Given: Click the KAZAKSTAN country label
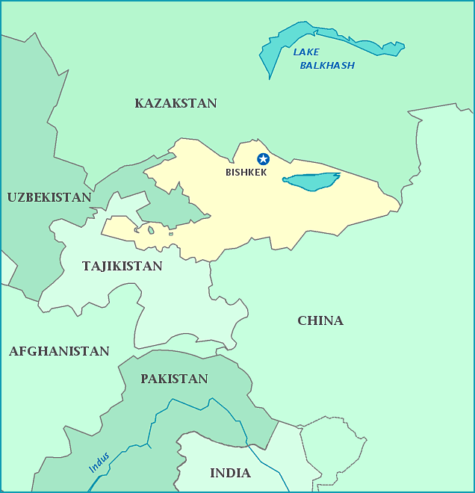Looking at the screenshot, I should point(176,103).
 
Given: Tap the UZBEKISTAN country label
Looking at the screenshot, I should point(49,197).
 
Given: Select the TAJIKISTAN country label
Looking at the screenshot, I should point(122,266).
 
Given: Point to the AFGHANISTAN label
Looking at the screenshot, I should point(59,351).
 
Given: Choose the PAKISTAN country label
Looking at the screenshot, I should point(174,379).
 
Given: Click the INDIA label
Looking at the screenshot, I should point(230,473).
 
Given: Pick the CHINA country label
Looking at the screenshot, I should point(320,320).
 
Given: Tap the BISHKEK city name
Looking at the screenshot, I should point(246,173).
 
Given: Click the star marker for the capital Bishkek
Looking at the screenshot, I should point(263,158).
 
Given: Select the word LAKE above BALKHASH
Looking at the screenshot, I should point(305,52).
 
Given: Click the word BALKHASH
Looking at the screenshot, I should point(327,66).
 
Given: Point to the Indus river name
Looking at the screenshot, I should point(99,462).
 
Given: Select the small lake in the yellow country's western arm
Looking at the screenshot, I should point(151,230).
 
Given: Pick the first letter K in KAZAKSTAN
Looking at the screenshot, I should point(140,103).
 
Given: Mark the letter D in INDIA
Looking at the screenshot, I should point(232,473).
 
